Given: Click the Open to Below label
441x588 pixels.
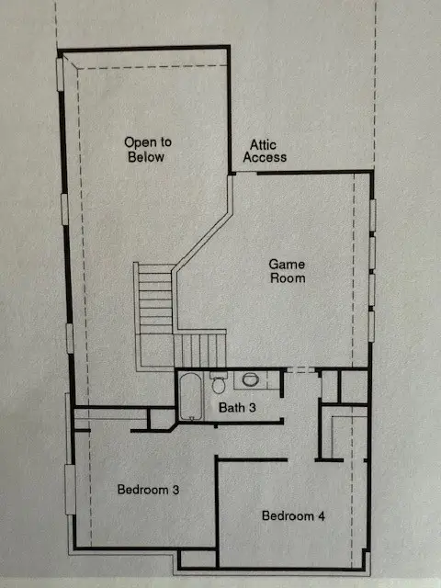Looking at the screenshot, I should tap(148, 150).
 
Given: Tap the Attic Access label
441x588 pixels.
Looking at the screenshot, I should tap(264, 152).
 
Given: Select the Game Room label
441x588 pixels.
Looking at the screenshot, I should tap(286, 270).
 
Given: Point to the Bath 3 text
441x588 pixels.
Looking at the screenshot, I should tap(238, 407).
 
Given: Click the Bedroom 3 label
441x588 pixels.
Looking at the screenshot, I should tap(148, 489).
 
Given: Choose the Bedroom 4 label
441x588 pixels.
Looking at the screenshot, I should tap(293, 515).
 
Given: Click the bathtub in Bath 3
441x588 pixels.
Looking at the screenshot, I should tap(191, 395).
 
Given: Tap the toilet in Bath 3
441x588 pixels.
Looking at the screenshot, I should tap(218, 381).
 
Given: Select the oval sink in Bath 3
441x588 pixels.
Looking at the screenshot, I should tap(251, 379).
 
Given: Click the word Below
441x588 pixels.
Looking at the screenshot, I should tap(148, 156).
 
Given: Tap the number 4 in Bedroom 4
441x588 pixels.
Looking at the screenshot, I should tap(321, 515).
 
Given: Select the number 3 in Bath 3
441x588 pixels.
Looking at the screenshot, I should tap(254, 407).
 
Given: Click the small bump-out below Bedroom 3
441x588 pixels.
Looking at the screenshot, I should tap(197, 558).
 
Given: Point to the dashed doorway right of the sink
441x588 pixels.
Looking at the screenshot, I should tap(298, 369).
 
